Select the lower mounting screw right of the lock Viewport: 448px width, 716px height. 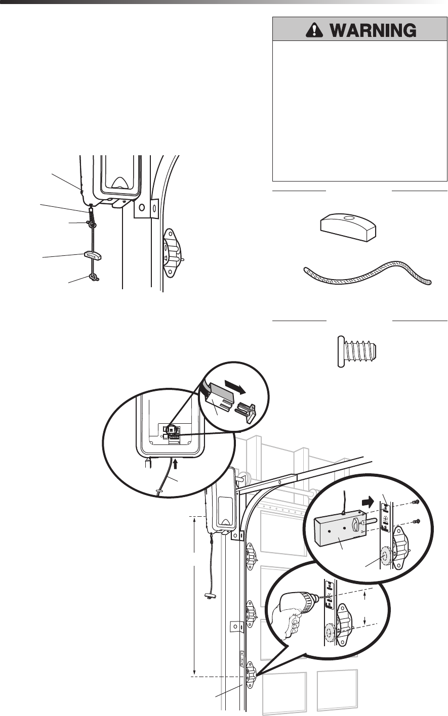pos(415,521)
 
